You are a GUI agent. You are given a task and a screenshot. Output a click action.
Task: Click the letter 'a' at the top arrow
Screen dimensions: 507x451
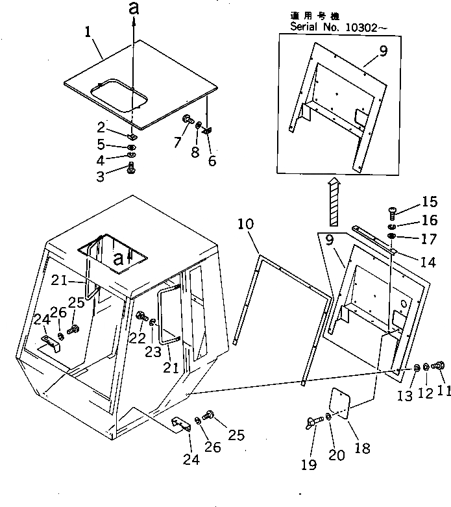click(x=134, y=10)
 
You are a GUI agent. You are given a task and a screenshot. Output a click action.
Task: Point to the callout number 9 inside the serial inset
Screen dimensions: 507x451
click(x=384, y=52)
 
